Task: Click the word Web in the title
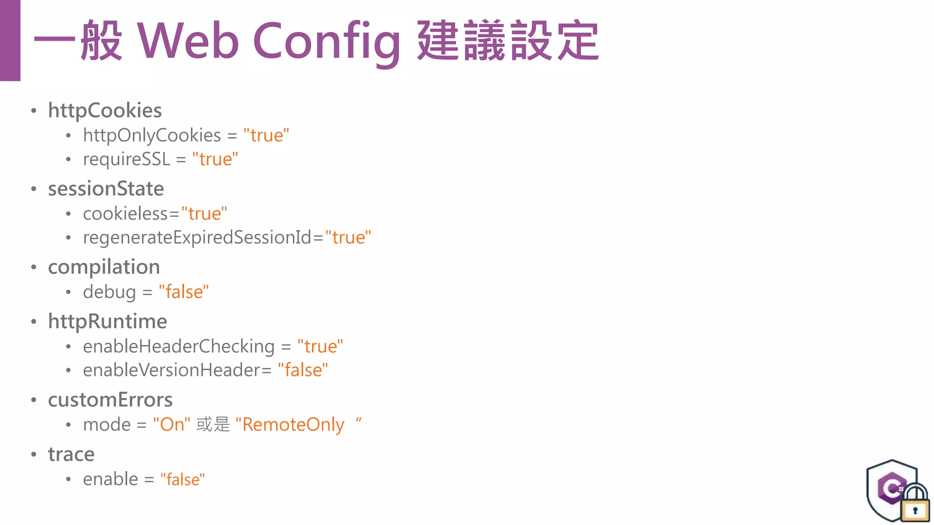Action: coord(188,41)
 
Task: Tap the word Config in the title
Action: coord(327,42)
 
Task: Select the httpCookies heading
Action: coord(105,110)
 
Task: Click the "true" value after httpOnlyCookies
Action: coord(266,135)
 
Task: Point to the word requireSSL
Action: coord(126,160)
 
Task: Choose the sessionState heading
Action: coord(106,189)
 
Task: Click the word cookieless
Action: coord(125,214)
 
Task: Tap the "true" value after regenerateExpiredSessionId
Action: coord(348,237)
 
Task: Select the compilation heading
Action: coord(104,267)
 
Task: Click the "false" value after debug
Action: coord(184,292)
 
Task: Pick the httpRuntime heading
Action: coord(108,321)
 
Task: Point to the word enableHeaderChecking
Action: coord(179,346)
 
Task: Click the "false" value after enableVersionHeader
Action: coord(303,370)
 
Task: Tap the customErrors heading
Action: coord(110,400)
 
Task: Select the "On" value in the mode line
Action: coord(171,424)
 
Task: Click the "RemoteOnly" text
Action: coord(292,425)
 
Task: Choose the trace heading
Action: coord(71,454)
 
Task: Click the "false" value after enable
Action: coord(182,479)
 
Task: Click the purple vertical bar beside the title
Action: coord(10,40)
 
